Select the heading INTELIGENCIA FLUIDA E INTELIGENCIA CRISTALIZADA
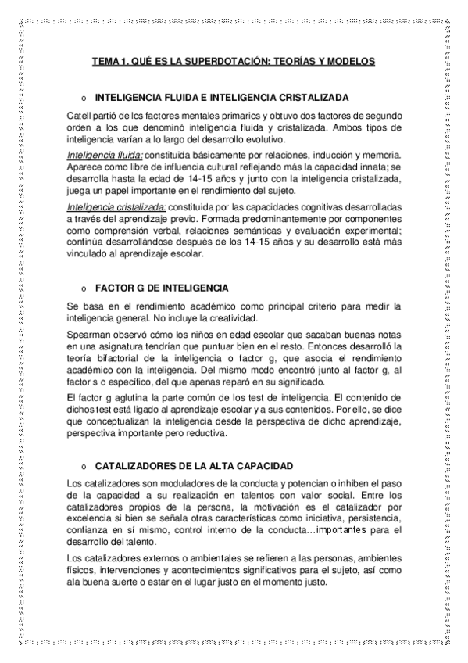222,100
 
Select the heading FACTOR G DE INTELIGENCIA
161,288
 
